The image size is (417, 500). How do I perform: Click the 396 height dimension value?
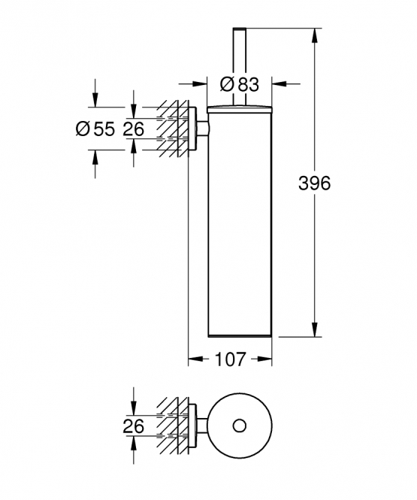[314, 183]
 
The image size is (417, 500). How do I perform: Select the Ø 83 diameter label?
[240, 84]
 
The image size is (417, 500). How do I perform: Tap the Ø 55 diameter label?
[95, 129]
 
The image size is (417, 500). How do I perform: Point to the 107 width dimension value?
[231, 359]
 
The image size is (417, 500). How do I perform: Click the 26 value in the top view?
[134, 426]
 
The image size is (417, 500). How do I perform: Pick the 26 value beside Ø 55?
[134, 129]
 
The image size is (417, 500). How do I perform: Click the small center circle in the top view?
[240, 426]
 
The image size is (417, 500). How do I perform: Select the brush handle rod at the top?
[240, 66]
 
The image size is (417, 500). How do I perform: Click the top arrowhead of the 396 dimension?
[315, 36]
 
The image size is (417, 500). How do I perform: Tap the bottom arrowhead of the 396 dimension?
[315, 329]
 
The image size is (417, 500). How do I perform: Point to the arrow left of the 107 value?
[195, 359]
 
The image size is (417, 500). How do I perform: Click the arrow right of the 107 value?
[264, 359]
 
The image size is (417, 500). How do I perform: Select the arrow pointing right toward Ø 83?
[193, 84]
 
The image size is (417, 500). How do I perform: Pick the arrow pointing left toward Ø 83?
[286, 84]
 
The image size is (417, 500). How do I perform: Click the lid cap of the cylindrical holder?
[240, 109]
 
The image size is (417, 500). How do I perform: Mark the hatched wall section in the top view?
[172, 426]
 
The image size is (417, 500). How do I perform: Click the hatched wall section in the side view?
[172, 129]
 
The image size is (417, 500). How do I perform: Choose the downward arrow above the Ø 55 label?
[95, 93]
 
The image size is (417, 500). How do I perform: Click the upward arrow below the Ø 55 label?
[95, 164]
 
